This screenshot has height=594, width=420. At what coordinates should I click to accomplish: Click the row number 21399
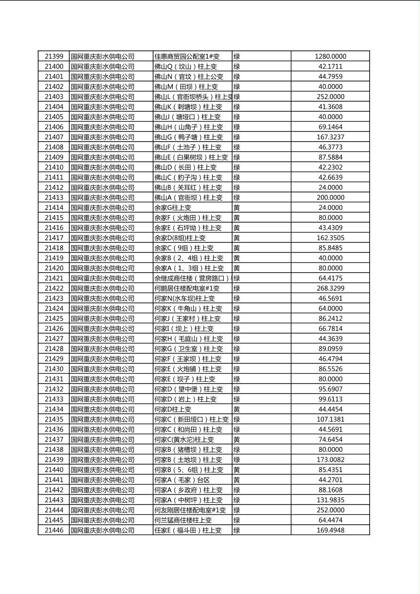54,56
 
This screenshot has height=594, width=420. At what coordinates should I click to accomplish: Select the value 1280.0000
330,56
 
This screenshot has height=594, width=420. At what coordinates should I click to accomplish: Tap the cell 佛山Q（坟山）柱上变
186,67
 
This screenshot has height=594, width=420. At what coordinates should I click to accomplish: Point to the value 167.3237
330,137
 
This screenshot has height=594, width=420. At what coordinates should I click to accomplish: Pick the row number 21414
54,208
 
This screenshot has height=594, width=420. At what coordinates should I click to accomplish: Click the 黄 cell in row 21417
237,238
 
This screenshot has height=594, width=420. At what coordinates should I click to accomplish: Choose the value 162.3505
330,238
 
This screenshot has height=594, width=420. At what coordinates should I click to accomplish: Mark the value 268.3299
330,289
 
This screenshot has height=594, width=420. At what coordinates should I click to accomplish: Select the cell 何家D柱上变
173,409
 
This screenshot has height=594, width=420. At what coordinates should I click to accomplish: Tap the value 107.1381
330,419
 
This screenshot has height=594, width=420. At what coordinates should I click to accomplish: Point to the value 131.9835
330,500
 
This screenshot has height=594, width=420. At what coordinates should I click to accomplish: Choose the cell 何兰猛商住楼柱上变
183,520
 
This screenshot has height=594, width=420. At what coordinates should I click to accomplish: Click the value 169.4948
330,530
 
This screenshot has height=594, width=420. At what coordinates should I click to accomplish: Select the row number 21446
54,530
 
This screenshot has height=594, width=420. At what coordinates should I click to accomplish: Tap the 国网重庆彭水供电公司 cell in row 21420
102,268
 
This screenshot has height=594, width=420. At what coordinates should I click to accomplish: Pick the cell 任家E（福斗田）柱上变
188,530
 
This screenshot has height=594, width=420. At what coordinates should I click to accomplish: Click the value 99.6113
330,399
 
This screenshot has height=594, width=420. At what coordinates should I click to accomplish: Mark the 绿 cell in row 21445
237,520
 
